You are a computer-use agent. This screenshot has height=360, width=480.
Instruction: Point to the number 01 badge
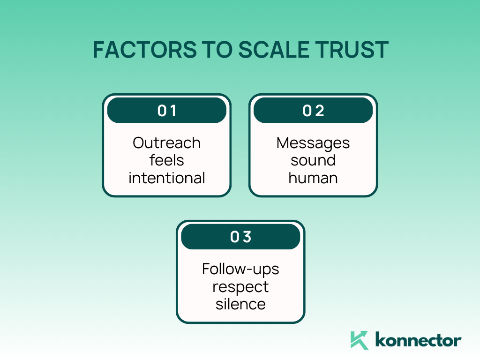point(167,111)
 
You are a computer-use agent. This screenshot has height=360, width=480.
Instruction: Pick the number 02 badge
point(313,111)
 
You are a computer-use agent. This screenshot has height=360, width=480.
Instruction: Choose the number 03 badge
point(240,237)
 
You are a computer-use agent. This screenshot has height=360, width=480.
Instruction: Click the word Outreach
point(167,142)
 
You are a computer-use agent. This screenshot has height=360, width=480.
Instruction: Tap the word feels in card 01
point(167,160)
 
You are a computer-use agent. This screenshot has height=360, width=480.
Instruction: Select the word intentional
point(167,178)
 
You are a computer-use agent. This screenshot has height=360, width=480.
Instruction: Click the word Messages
point(313,142)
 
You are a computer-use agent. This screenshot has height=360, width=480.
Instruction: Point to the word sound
point(313,160)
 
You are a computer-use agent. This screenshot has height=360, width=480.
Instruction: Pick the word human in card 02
point(313,178)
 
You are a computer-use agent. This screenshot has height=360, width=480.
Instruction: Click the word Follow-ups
point(240,269)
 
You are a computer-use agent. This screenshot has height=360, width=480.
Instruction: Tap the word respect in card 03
point(240,287)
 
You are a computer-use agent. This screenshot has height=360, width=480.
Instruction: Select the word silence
point(240,304)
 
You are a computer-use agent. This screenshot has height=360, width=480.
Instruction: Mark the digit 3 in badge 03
point(247,237)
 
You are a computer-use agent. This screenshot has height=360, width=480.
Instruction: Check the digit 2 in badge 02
point(320,111)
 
